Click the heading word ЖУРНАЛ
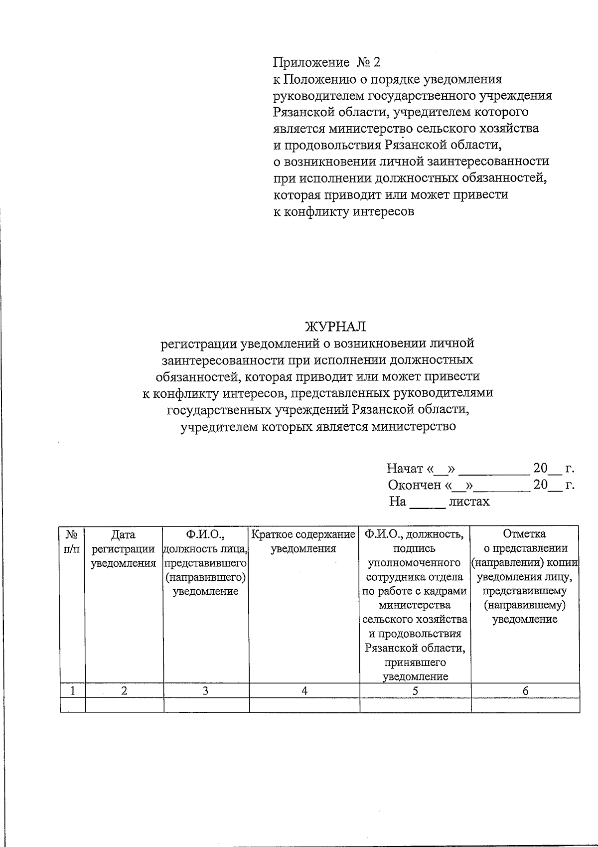click(x=335, y=327)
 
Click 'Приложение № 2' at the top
click(x=326, y=62)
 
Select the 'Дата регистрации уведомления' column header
click(x=124, y=549)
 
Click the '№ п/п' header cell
click(x=72, y=541)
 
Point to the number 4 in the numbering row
click(x=304, y=690)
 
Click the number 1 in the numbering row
click(x=73, y=690)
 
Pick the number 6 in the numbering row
click(x=525, y=690)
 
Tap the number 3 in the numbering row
click(x=205, y=690)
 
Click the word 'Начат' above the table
click(x=405, y=469)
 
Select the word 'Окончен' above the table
click(x=414, y=485)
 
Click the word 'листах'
click(x=469, y=502)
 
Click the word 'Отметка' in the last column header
click(x=524, y=534)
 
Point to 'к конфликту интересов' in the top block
click(x=344, y=211)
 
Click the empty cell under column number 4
click(x=304, y=705)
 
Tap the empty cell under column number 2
click(x=125, y=705)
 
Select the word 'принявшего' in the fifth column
click(x=415, y=663)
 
